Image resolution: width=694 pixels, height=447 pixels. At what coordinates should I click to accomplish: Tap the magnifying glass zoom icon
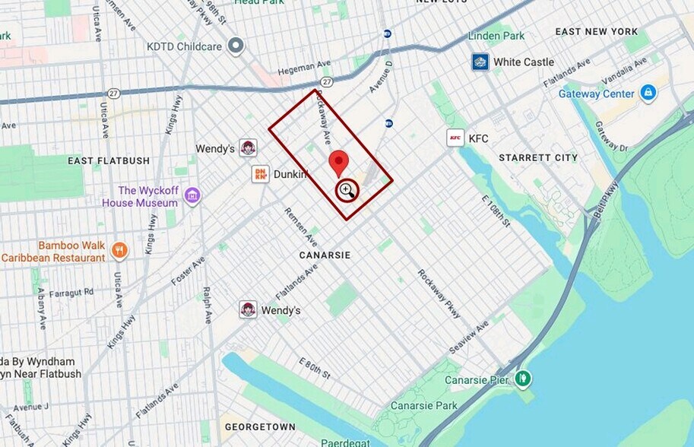[347, 190]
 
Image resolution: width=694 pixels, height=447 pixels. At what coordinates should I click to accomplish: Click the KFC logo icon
[455, 138]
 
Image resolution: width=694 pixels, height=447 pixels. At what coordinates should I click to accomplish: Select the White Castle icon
[480, 62]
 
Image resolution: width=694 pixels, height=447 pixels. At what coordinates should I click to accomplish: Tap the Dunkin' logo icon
[261, 174]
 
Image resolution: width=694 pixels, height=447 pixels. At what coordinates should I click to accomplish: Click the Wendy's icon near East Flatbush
[248, 147]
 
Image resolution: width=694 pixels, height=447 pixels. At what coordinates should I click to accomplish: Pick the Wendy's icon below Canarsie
[248, 309]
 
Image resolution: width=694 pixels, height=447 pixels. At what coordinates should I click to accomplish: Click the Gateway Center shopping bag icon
[648, 93]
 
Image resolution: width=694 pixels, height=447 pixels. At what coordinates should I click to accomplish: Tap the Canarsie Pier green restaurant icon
[522, 378]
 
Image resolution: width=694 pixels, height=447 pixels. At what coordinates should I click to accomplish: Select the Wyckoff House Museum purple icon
[192, 196]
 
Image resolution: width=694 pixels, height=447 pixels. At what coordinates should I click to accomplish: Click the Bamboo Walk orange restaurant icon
[119, 250]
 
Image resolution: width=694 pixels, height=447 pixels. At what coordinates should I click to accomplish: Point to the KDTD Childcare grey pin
[236, 46]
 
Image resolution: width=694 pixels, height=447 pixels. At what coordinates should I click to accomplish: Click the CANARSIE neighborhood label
[325, 255]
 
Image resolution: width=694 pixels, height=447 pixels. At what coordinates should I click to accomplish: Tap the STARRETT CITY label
[538, 157]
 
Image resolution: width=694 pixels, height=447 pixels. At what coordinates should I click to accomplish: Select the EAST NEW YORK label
[597, 31]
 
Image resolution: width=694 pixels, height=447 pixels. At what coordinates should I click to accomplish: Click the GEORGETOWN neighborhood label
[260, 426]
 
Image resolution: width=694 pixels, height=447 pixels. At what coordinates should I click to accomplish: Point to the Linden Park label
[496, 36]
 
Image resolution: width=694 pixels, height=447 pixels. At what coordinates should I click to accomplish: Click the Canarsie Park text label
[424, 405]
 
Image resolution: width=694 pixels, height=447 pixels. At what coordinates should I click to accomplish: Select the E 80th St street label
[313, 368]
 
